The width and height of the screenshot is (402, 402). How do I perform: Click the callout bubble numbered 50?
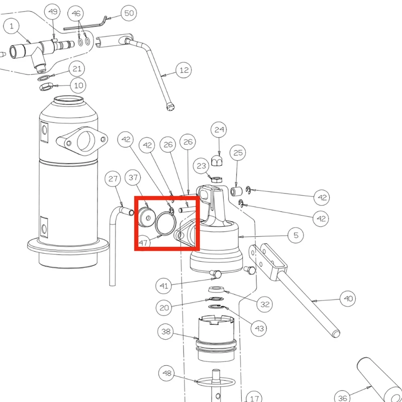(x=129, y=13)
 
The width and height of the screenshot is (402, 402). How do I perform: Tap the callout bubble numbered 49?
(x=53, y=12)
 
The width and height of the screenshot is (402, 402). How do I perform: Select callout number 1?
(x=11, y=26)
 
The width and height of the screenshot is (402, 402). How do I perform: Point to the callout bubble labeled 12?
(x=184, y=70)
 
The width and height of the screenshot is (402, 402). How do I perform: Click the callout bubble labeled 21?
(x=77, y=69)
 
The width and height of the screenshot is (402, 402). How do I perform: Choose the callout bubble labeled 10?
(x=78, y=85)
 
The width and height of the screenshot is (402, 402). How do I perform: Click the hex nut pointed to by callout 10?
(x=46, y=86)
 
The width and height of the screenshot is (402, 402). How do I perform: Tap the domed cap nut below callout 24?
(x=217, y=160)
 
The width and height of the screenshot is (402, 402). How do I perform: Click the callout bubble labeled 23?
(x=202, y=166)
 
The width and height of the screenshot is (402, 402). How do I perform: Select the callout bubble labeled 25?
(x=238, y=153)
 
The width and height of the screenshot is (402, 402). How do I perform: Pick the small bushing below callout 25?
(x=236, y=191)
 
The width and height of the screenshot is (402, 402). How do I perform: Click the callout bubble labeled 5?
(x=296, y=235)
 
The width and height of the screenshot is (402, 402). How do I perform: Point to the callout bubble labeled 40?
(x=348, y=298)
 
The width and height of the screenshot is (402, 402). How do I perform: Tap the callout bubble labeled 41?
(x=164, y=285)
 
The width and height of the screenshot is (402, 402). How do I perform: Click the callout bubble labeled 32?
(x=265, y=305)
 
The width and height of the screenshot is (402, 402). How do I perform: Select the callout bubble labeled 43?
(x=259, y=328)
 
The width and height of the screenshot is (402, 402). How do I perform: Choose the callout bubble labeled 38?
(x=166, y=332)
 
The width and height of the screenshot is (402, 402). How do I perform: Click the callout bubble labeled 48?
(x=167, y=373)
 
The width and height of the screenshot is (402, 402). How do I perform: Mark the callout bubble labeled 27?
(x=113, y=179)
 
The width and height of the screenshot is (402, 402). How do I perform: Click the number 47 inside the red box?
(x=143, y=243)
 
